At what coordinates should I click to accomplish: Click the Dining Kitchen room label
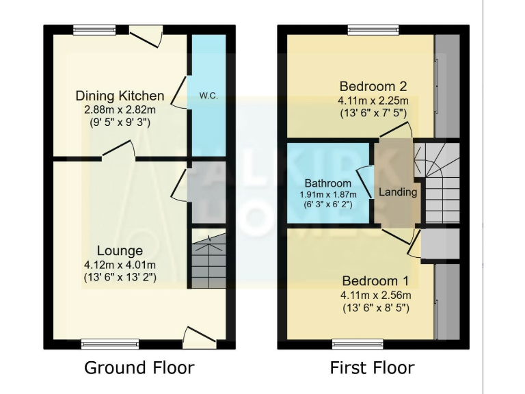tap(120, 95)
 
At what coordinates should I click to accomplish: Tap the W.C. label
tap(208, 96)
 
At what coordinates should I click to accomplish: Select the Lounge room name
tap(120, 251)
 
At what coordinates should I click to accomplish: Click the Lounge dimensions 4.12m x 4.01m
tap(120, 265)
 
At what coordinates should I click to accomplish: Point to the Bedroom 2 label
tap(373, 86)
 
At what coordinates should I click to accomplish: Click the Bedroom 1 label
tap(375, 281)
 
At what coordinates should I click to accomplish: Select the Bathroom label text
tap(328, 183)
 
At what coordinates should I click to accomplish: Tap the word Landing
tap(398, 192)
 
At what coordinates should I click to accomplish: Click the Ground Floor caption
tap(139, 367)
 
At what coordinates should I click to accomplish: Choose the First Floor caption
tap(372, 367)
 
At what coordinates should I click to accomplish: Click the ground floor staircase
tap(208, 261)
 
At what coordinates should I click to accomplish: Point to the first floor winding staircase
tap(442, 181)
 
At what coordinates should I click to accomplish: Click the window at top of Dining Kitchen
tap(95, 29)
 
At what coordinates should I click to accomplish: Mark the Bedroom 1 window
tap(358, 344)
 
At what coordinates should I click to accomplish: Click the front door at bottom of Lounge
tap(201, 336)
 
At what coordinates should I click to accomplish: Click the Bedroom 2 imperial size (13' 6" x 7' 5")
tap(373, 114)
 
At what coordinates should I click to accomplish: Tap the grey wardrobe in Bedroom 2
tap(448, 86)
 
